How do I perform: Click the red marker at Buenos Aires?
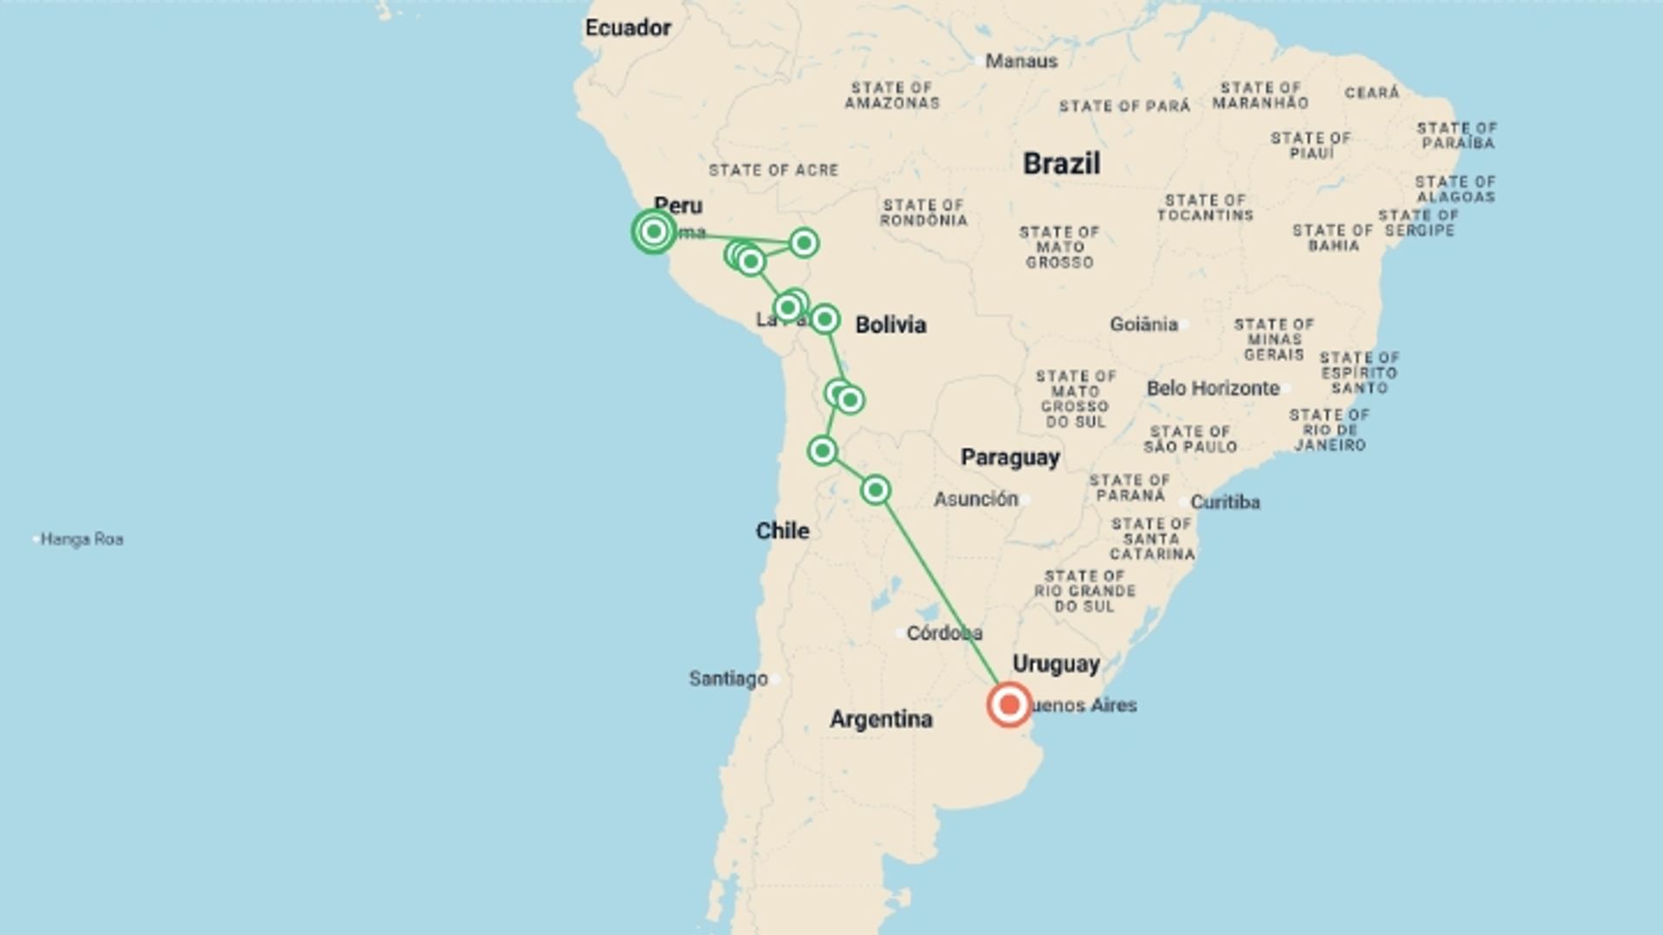1009,704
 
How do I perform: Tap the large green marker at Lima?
654,231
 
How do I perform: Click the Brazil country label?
1061,163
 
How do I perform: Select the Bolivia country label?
890,325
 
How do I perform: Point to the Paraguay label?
1010,457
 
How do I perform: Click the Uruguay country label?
1056,664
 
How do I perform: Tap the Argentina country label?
881,719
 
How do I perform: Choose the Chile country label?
782,531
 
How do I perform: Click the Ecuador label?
628,28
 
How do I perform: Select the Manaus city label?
1021,61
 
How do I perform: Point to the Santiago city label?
728,679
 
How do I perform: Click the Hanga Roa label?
81,539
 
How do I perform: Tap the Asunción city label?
975,499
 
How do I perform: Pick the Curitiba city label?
1225,502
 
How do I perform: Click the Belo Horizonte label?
1213,388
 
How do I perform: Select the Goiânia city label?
1143,325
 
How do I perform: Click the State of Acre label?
773,171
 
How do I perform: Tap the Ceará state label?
1372,93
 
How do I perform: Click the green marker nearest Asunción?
876,490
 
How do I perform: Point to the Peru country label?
678,205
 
